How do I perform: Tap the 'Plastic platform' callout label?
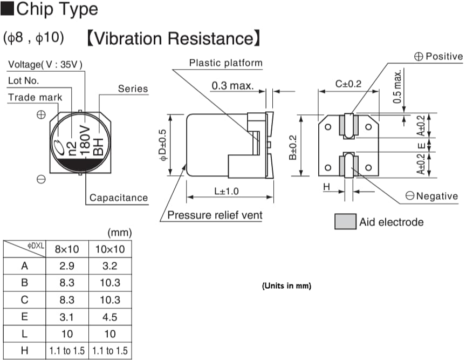point(225,63)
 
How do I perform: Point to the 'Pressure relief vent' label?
point(215,215)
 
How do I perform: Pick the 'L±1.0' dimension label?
point(226,191)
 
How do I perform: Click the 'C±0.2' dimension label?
point(348,84)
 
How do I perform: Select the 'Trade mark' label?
point(35,98)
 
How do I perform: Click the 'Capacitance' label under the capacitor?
point(118,198)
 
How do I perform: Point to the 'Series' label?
point(133,89)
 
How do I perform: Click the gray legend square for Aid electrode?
point(345,222)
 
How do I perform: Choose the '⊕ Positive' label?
point(438,57)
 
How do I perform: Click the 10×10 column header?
point(110,249)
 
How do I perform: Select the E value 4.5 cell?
point(110,317)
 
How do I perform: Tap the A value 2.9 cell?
point(67,266)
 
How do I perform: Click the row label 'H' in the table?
point(24,351)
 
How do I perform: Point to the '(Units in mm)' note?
point(286,286)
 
